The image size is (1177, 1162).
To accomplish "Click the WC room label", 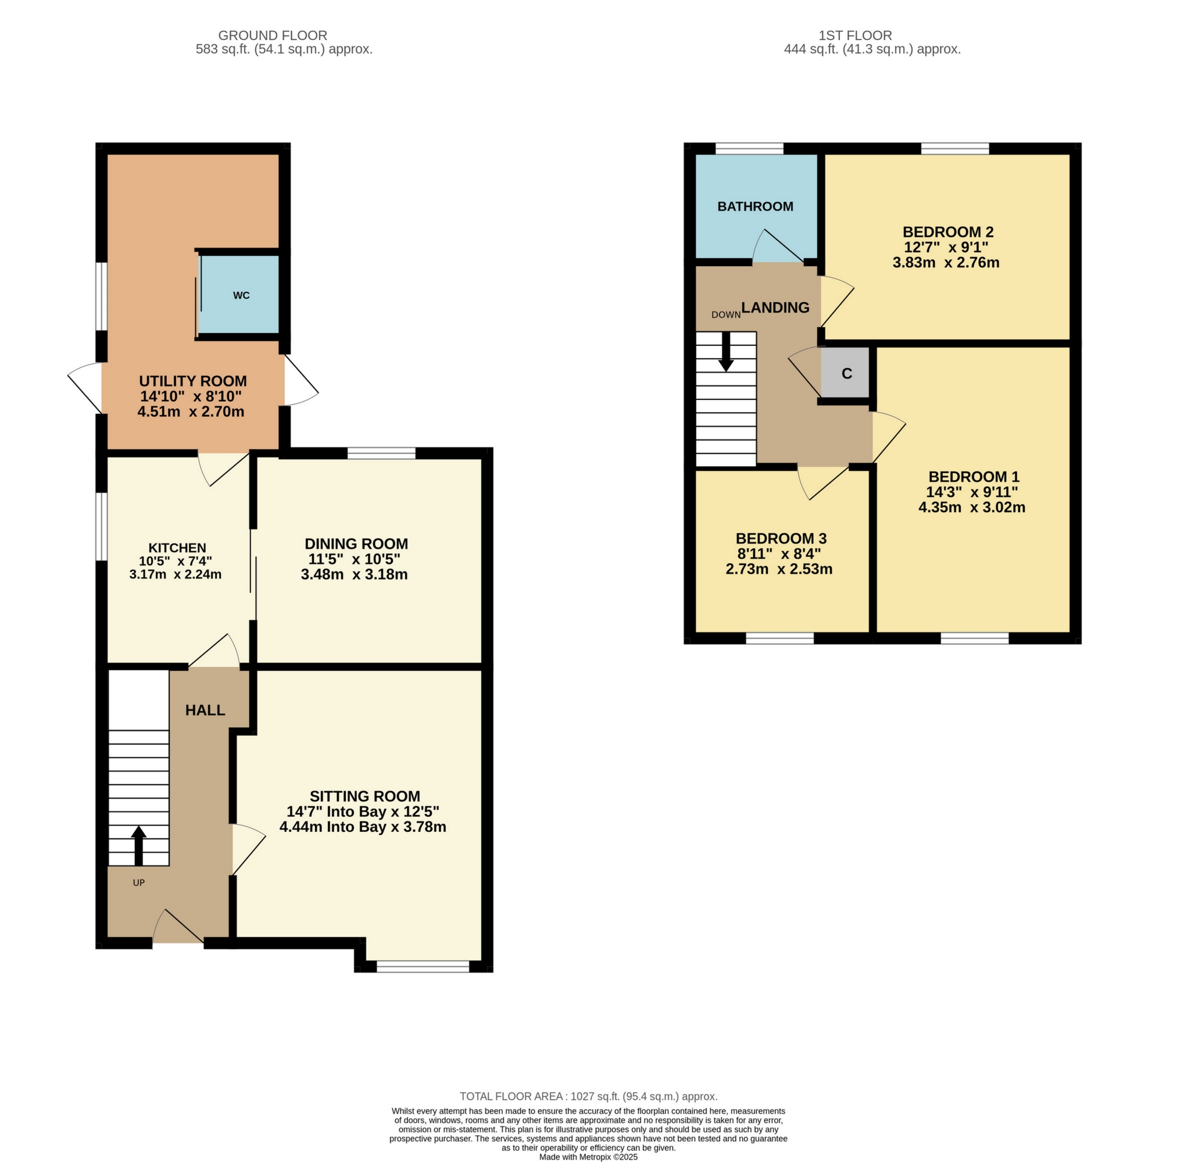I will coord(241,295).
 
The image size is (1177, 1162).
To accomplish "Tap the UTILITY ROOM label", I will coord(192,381).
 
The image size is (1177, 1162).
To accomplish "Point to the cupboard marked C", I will coord(846,374).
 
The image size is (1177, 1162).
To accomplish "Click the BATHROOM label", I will coord(755,206).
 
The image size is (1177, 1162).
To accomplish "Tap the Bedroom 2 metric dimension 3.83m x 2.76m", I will coord(946,263).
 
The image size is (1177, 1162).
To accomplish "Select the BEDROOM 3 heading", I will coord(781,538).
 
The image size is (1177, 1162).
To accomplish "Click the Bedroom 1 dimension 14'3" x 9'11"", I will coord(972,492).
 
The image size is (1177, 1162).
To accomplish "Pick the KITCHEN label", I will coord(177,548).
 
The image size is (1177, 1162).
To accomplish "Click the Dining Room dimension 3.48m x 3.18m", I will coord(354,574).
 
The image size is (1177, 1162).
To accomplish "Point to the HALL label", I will coord(205,710).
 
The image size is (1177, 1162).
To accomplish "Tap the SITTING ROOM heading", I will coord(364,796).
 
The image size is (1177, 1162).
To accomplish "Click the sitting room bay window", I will coord(423,966).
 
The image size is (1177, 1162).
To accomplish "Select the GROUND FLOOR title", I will coord(273,35).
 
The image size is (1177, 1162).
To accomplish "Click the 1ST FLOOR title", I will coord(855,35).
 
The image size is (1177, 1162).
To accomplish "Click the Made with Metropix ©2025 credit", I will coord(588,1157).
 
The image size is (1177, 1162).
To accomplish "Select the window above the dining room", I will coord(381,453).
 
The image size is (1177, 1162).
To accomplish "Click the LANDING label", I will coord(775,308).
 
